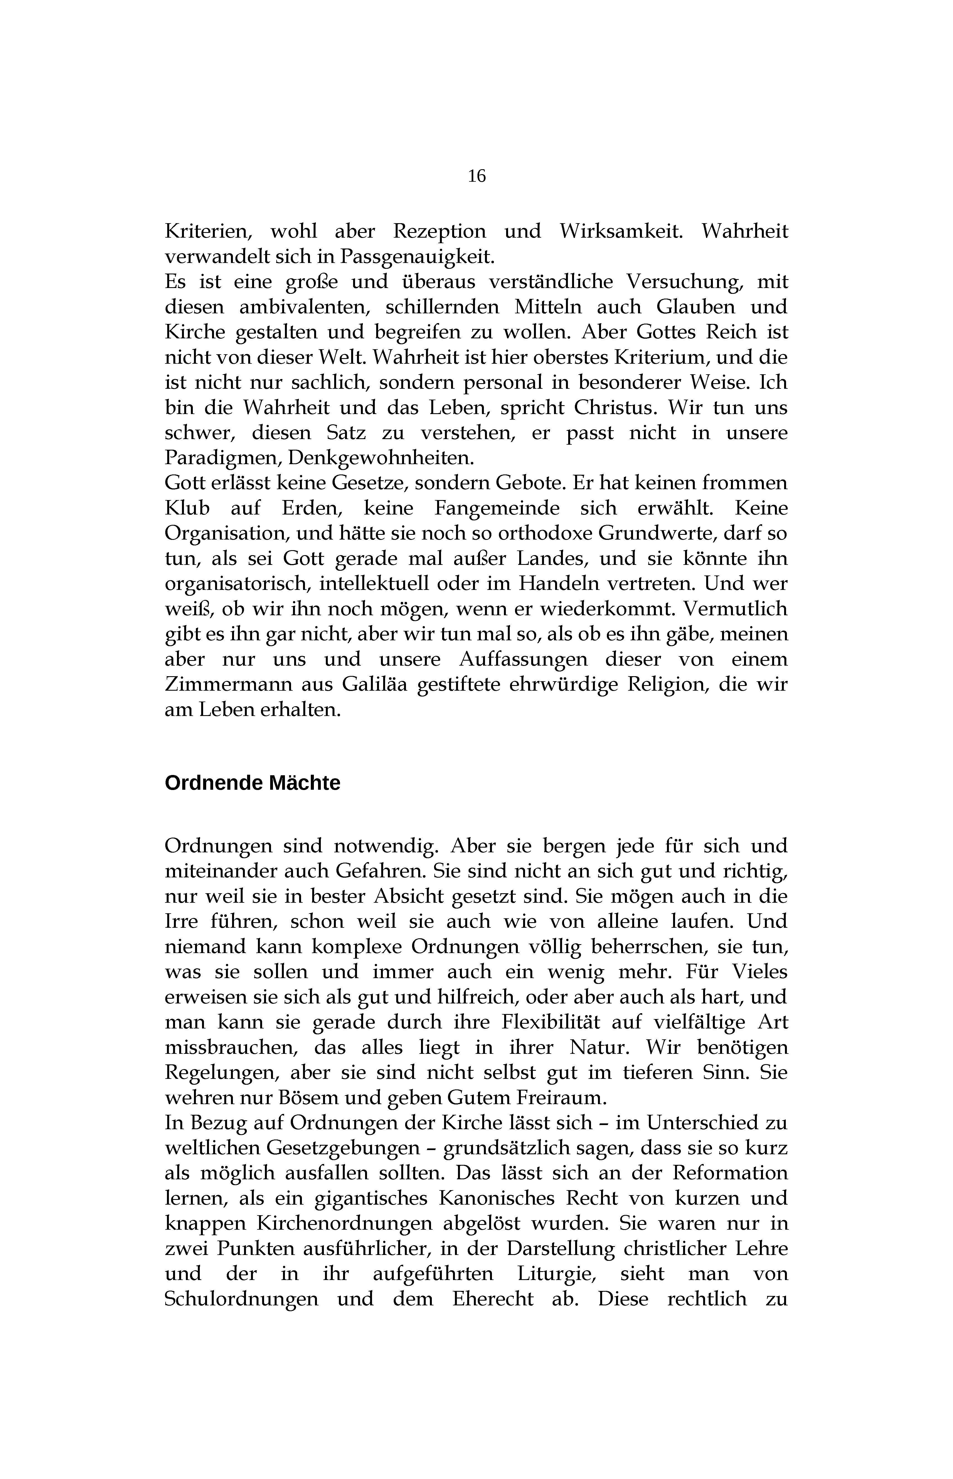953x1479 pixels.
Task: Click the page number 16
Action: pos(476,176)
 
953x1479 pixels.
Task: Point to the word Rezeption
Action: pos(439,232)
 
